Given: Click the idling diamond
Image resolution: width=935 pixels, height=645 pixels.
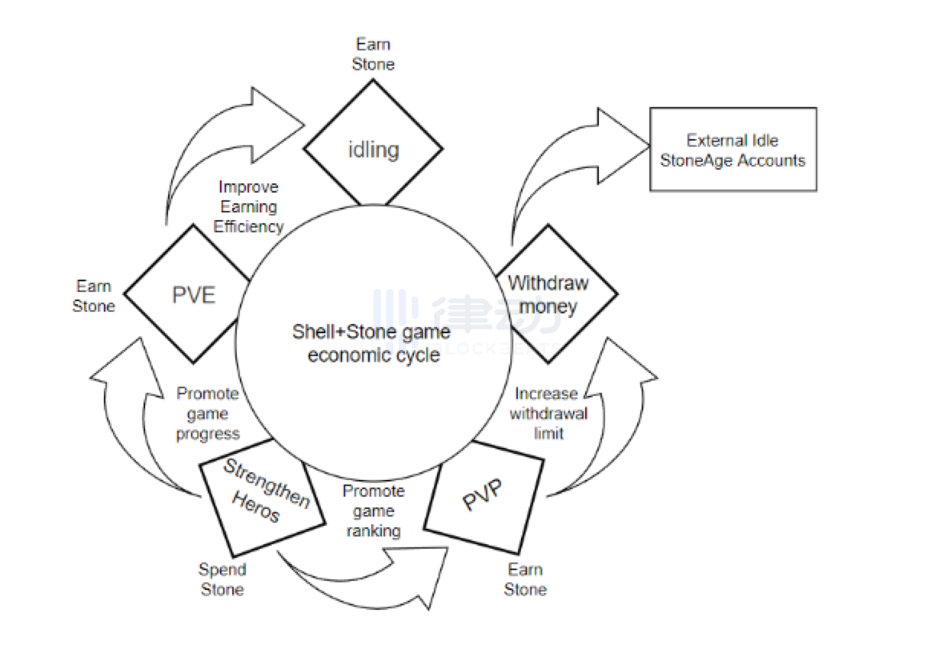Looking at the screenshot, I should coord(373,148).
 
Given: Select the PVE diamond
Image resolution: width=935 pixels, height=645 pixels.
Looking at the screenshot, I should coord(193,294).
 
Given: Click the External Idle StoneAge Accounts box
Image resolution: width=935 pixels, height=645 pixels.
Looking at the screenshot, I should coord(733,149).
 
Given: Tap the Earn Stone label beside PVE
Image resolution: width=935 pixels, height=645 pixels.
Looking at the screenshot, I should coord(93,296).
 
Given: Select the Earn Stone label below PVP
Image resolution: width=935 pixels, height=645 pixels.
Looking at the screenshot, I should coord(526,579).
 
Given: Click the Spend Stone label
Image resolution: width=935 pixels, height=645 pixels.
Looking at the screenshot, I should coord(222,579).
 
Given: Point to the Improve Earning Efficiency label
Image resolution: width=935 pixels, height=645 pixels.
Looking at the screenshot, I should coord(248,206).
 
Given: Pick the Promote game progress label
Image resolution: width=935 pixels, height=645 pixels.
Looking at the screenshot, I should coord(208,413).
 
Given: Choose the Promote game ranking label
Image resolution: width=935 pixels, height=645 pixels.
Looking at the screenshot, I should coord(373,510).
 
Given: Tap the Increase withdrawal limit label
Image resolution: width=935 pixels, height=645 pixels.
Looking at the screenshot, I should coord(547,413).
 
